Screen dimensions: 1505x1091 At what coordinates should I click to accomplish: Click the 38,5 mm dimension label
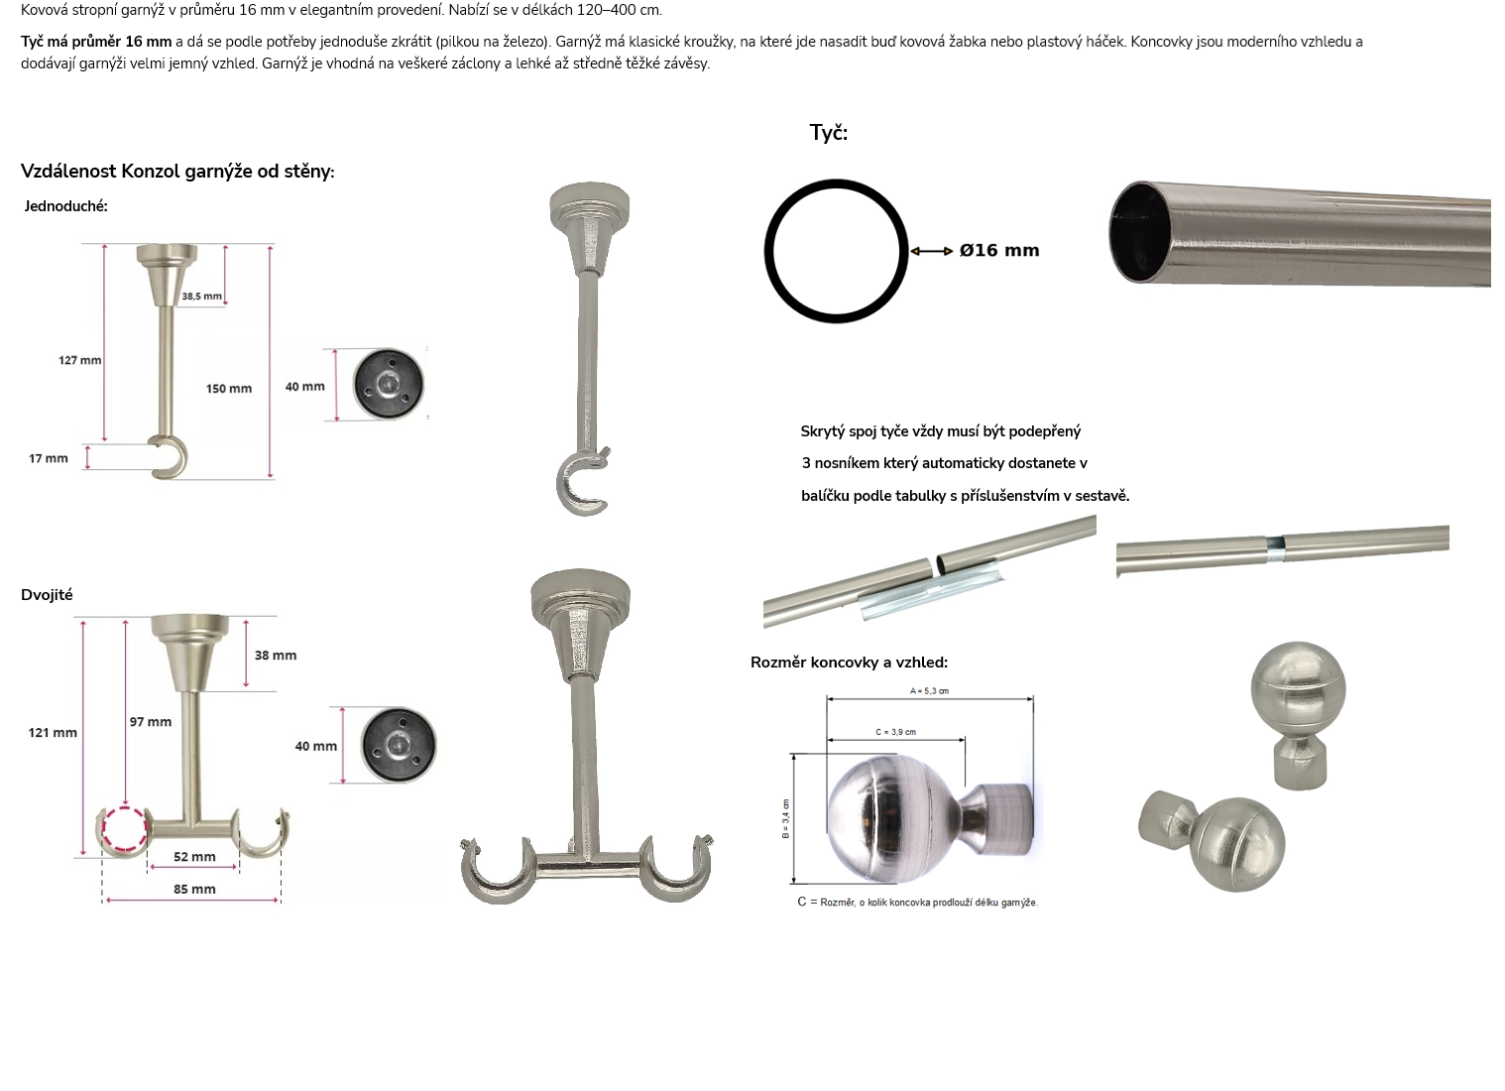coord(201,296)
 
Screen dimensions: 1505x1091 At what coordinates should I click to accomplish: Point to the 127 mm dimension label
coord(80,360)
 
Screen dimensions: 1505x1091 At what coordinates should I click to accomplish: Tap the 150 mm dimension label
coord(229,389)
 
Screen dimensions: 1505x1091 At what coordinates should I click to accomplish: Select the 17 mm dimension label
coord(49,458)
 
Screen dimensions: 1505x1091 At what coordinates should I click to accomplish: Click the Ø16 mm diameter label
coord(999,250)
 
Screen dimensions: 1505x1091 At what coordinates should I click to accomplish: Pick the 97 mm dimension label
coord(151,722)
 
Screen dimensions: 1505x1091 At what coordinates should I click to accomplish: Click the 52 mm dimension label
coord(195,857)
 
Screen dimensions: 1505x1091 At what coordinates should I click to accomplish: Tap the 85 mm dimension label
coord(195,890)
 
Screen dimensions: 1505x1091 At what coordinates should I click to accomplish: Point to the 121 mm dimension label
coord(53,733)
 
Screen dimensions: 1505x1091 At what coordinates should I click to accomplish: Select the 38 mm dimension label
coord(276,656)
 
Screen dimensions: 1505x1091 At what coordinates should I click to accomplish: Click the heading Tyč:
coord(829,133)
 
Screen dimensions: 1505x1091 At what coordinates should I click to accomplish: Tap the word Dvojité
coord(47,595)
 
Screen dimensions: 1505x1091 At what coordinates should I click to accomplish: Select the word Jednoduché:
coord(65,206)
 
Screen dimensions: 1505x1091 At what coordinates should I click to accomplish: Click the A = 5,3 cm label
coord(929,691)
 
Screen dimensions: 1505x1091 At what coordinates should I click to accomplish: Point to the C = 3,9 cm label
coord(895,732)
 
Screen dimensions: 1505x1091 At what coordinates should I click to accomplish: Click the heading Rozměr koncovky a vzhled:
coord(850,663)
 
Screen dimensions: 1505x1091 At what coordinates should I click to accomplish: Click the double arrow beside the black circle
coord(931,251)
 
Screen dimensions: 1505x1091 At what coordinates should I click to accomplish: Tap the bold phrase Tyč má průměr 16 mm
coord(96,42)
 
